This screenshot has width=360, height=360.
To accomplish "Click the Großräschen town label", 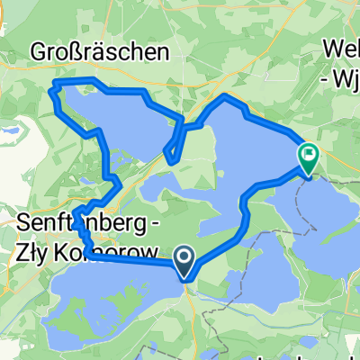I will [99, 50].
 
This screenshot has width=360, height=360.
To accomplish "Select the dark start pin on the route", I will [184, 263].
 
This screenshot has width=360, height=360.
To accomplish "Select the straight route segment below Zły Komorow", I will [135, 262].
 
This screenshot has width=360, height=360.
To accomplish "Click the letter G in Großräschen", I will [39, 50].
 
